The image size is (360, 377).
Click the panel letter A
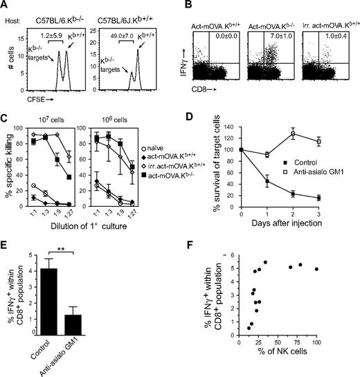5,6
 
